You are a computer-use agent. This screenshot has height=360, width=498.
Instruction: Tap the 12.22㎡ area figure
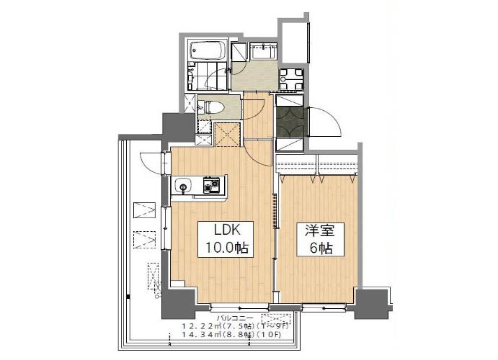pyautogui.click(x=199, y=326)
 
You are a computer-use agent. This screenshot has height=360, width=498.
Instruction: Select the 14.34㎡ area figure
pyautogui.click(x=199, y=336)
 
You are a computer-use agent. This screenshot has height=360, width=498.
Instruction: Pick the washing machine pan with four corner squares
pyautogui.click(x=291, y=78)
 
